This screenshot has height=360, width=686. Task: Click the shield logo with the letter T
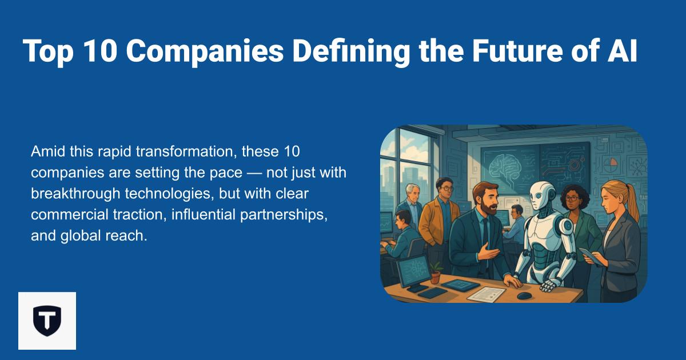click(x=47, y=321)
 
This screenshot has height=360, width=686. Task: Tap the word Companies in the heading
click(x=205, y=51)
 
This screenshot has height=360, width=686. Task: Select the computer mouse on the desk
click(x=524, y=295)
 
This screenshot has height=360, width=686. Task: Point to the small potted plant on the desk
click(x=436, y=274)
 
